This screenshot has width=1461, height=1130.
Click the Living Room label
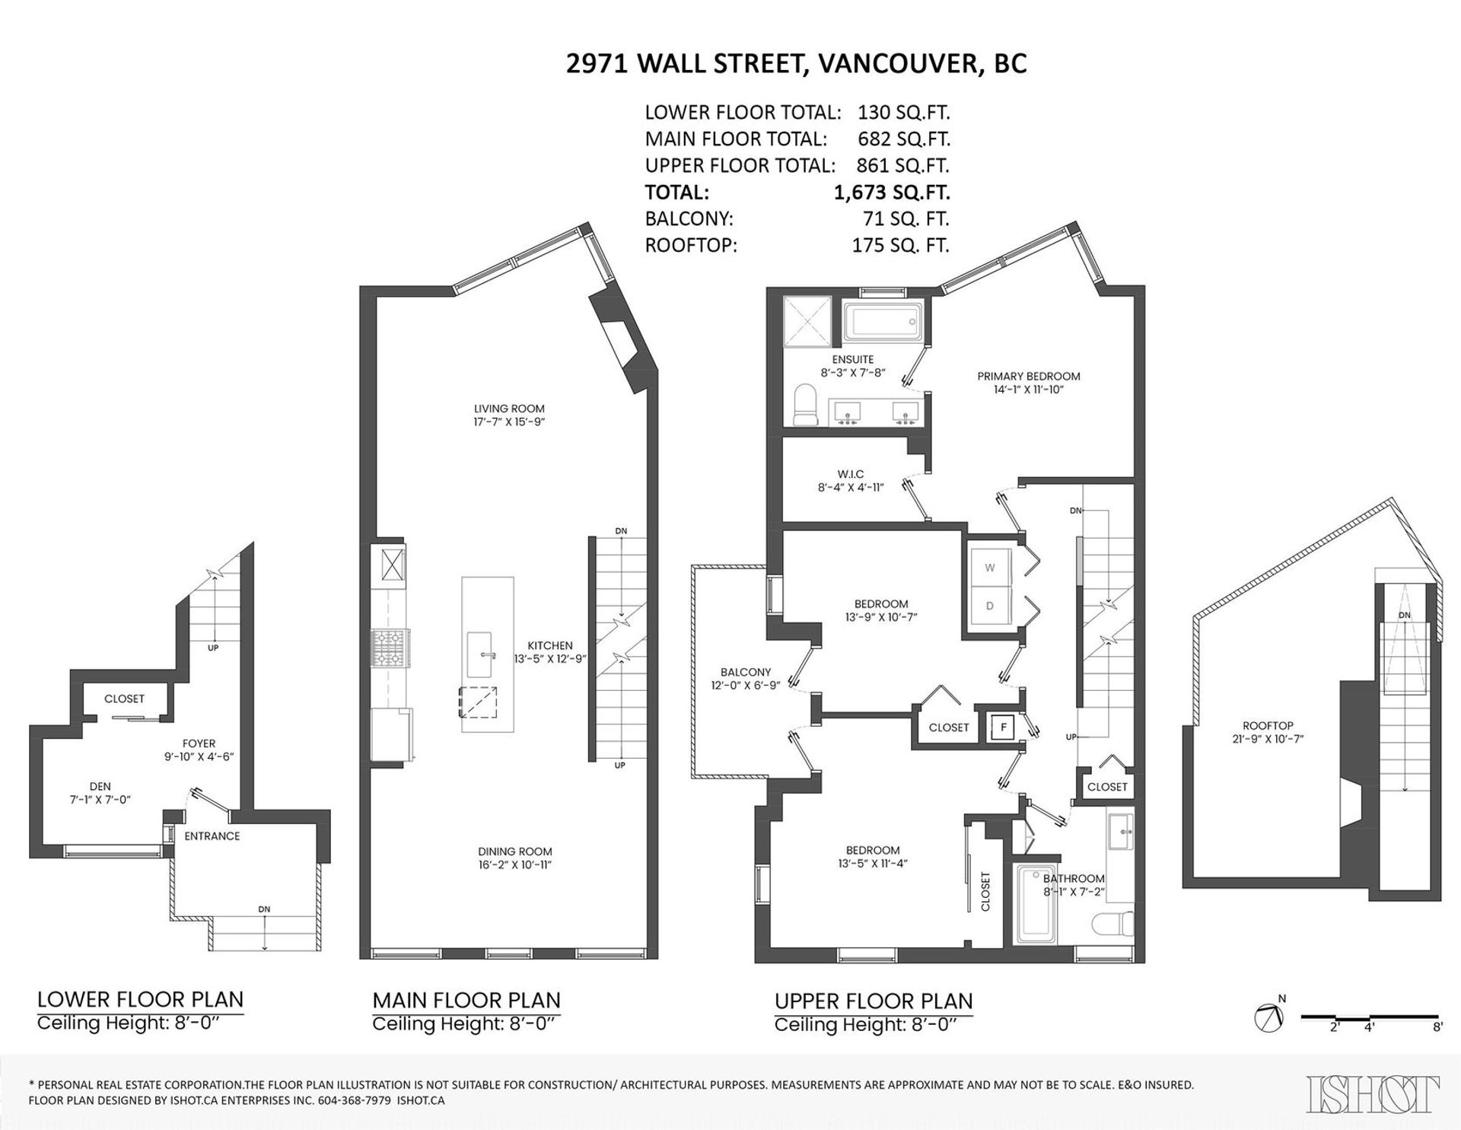tap(509, 409)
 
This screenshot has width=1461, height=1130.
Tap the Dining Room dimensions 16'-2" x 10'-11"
tap(515, 864)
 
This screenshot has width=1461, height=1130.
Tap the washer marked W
tap(989, 567)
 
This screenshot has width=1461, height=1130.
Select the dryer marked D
tap(989, 606)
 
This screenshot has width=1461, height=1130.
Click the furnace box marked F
tap(1004, 727)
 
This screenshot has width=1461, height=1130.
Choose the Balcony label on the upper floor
tap(746, 672)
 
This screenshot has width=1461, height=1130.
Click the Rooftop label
tap(1268, 726)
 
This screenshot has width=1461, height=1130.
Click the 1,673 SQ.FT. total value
tap(892, 193)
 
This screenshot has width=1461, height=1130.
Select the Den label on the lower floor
tap(100, 787)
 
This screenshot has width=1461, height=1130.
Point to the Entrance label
tap(212, 836)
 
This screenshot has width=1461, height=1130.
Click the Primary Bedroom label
tap(1029, 376)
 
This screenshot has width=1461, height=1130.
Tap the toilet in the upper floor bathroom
tap(1112, 924)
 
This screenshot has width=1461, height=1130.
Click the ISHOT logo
tap(1373, 1094)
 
